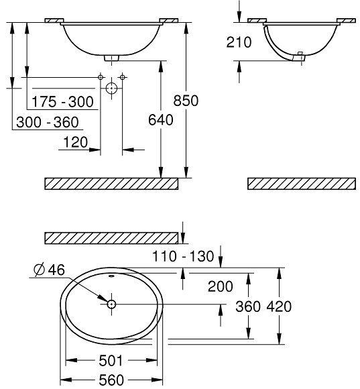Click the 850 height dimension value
pyautogui.click(x=186, y=101)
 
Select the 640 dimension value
pyautogui.click(x=160, y=120)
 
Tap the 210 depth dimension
pyautogui.click(x=239, y=42)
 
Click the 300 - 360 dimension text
pyautogui.click(x=47, y=122)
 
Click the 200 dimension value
pyautogui.click(x=220, y=286)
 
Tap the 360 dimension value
pyautogui.click(x=249, y=307)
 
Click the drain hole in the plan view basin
pyautogui.click(x=111, y=304)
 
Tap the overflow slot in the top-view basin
pyautogui.click(x=111, y=276)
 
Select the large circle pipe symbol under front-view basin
pyautogui.click(x=111, y=88)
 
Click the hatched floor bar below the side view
pyautogui.click(x=301, y=183)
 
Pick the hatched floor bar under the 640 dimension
pyautogui.click(x=111, y=183)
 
